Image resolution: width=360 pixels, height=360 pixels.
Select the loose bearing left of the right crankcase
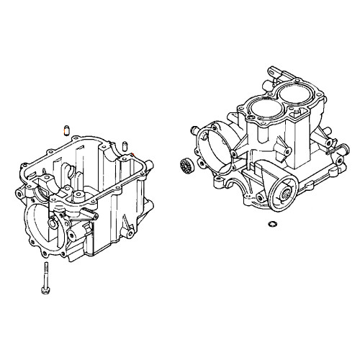coord(185,167)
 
